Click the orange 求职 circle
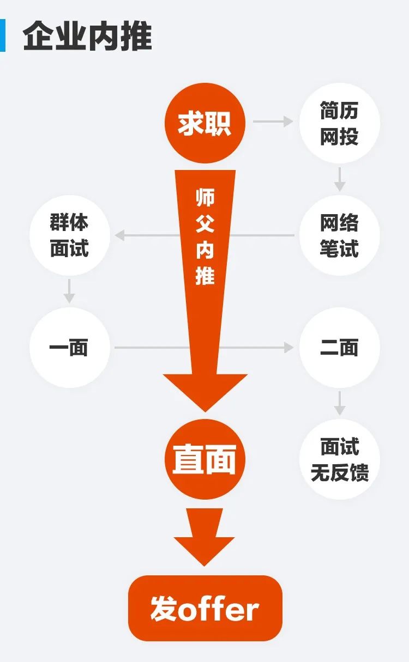click(205, 123)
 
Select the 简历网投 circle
click(339, 123)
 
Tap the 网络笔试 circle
click(339, 235)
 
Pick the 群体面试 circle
click(69, 235)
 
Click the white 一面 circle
click(69, 348)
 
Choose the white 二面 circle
click(339, 348)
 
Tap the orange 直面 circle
click(205, 459)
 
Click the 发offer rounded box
click(205, 608)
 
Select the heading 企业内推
click(87, 37)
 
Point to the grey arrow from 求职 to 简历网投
click(273, 122)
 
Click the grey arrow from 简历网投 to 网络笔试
click(340, 179)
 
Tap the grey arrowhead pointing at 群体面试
click(119, 235)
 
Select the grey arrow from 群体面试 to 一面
click(69, 291)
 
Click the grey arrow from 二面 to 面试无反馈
click(340, 403)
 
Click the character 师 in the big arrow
click(205, 197)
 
